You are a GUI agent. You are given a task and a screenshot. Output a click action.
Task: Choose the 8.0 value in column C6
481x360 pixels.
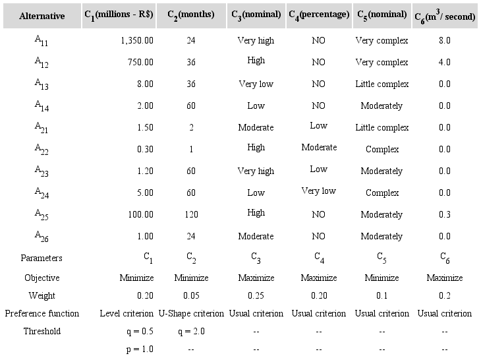[444, 41]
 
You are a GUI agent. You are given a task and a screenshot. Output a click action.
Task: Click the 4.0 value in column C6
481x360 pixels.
[444, 63]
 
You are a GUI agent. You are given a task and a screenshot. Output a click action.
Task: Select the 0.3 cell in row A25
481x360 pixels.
[444, 215]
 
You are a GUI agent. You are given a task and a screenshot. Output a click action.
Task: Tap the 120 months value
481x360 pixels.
[191, 215]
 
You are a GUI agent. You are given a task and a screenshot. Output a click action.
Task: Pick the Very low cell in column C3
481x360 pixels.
[256, 84]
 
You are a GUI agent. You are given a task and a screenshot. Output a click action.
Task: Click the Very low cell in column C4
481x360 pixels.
[319, 191]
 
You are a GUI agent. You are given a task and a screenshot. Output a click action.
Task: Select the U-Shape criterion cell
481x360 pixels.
[191, 313]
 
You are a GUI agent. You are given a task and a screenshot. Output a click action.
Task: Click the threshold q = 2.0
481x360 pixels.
[191, 331]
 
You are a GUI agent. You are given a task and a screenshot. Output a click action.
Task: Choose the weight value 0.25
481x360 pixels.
[256, 295]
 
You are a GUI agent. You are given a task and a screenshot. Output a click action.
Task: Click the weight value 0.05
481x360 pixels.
[191, 295]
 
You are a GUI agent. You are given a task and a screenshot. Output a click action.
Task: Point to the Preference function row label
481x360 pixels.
[42, 313]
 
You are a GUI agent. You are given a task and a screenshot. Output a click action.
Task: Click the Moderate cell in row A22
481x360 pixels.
[319, 148]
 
